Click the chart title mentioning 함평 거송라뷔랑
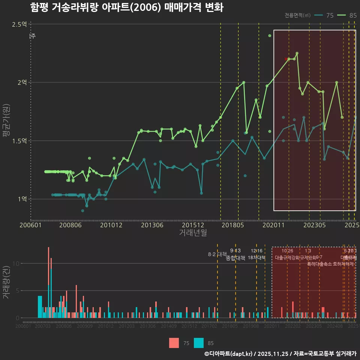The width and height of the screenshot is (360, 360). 127,7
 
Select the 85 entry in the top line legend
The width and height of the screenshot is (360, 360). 347,15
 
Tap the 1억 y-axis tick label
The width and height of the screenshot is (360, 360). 22,199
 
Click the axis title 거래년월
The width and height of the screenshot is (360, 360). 193,232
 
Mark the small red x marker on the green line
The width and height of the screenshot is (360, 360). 286,59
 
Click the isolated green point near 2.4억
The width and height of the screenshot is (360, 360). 270,36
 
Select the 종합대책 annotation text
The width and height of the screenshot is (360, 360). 235,258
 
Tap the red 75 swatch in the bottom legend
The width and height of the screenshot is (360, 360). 174,343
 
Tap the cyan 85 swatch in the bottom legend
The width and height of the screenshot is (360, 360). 199,343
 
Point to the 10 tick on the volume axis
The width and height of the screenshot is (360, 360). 16,263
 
